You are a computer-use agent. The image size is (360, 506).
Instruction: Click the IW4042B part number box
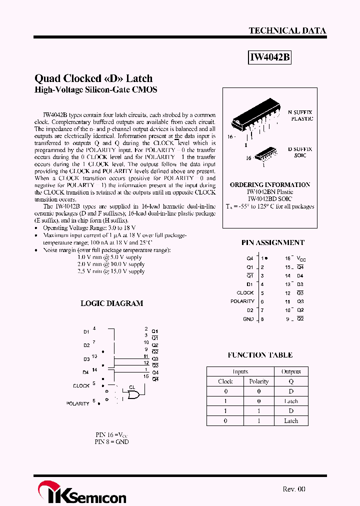[x=269, y=58]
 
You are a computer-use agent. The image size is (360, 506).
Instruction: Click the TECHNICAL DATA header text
[x=287, y=30]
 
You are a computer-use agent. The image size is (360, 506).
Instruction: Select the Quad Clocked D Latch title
[x=93, y=78]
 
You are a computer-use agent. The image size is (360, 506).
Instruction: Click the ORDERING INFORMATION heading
[x=269, y=184]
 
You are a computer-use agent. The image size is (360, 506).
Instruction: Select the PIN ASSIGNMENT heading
[x=272, y=242]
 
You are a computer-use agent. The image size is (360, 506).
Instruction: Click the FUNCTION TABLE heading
[x=260, y=355]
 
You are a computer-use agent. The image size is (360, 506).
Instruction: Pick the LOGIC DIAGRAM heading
[x=112, y=303]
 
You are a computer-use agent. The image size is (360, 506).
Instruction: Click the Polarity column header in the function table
[x=259, y=381]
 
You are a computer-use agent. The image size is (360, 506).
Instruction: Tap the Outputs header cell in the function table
[x=291, y=371]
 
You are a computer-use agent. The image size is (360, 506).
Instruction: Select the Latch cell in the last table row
[x=291, y=420]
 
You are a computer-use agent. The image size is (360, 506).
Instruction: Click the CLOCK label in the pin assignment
[x=245, y=292]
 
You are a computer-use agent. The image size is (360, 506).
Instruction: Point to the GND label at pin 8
[x=248, y=319]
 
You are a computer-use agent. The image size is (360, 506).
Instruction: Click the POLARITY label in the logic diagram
[x=77, y=403]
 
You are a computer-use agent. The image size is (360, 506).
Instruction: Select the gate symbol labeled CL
[x=133, y=395]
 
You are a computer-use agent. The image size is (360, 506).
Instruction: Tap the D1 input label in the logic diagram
[x=86, y=331]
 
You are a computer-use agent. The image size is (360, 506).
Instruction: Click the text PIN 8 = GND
[x=112, y=442]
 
